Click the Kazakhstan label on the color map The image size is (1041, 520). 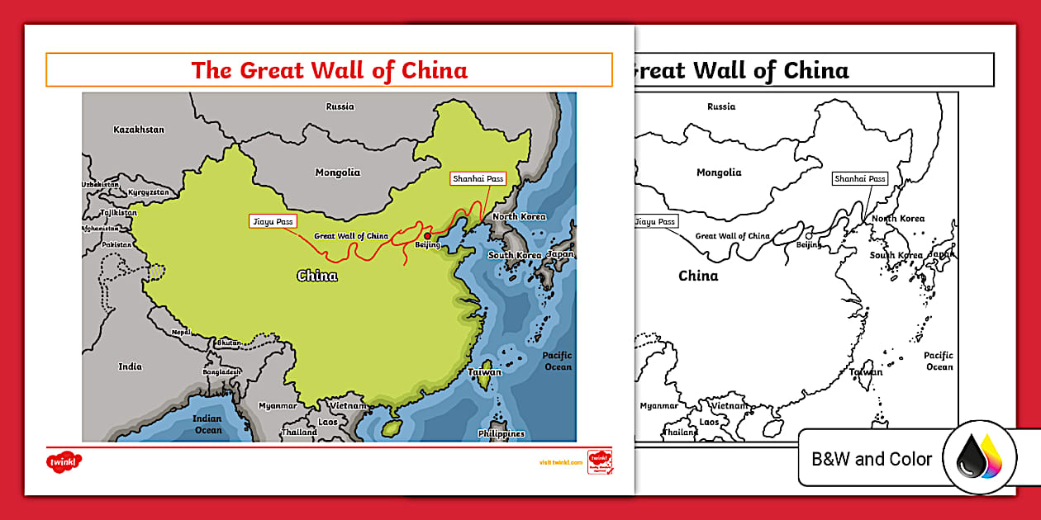click(139, 130)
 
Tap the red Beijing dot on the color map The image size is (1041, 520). click(427, 235)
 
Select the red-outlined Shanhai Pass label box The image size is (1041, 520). click(478, 178)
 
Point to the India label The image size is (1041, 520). click(130, 366)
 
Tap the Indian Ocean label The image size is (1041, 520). click(208, 424)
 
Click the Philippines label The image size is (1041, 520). click(501, 434)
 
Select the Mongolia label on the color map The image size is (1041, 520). click(337, 173)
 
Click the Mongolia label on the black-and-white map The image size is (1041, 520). click(719, 173)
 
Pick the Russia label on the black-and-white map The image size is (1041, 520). click(721, 106)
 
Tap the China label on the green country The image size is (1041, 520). click(317, 276)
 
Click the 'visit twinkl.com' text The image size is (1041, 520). click(561, 463)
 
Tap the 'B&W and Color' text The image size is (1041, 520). click(872, 460)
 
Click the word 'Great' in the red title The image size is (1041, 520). click(273, 70)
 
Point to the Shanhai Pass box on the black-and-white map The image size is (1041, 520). click(859, 178)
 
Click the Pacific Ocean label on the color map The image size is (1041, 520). click(558, 362)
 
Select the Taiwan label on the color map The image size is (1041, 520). click(484, 372)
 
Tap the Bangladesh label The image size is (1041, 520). click(222, 372)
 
